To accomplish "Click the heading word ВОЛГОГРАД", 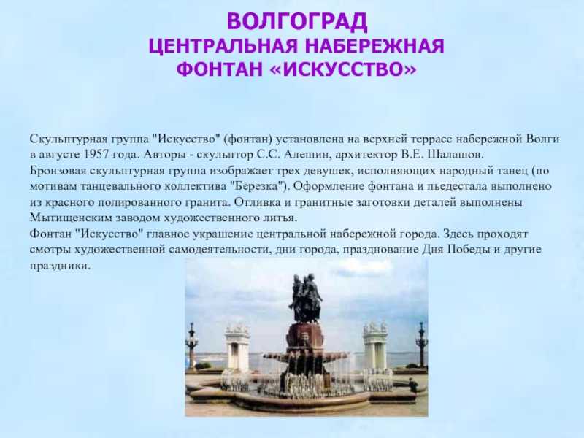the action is tap(297, 21).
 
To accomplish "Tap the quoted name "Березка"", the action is tap(257, 186).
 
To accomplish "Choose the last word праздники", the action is tap(60, 266).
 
